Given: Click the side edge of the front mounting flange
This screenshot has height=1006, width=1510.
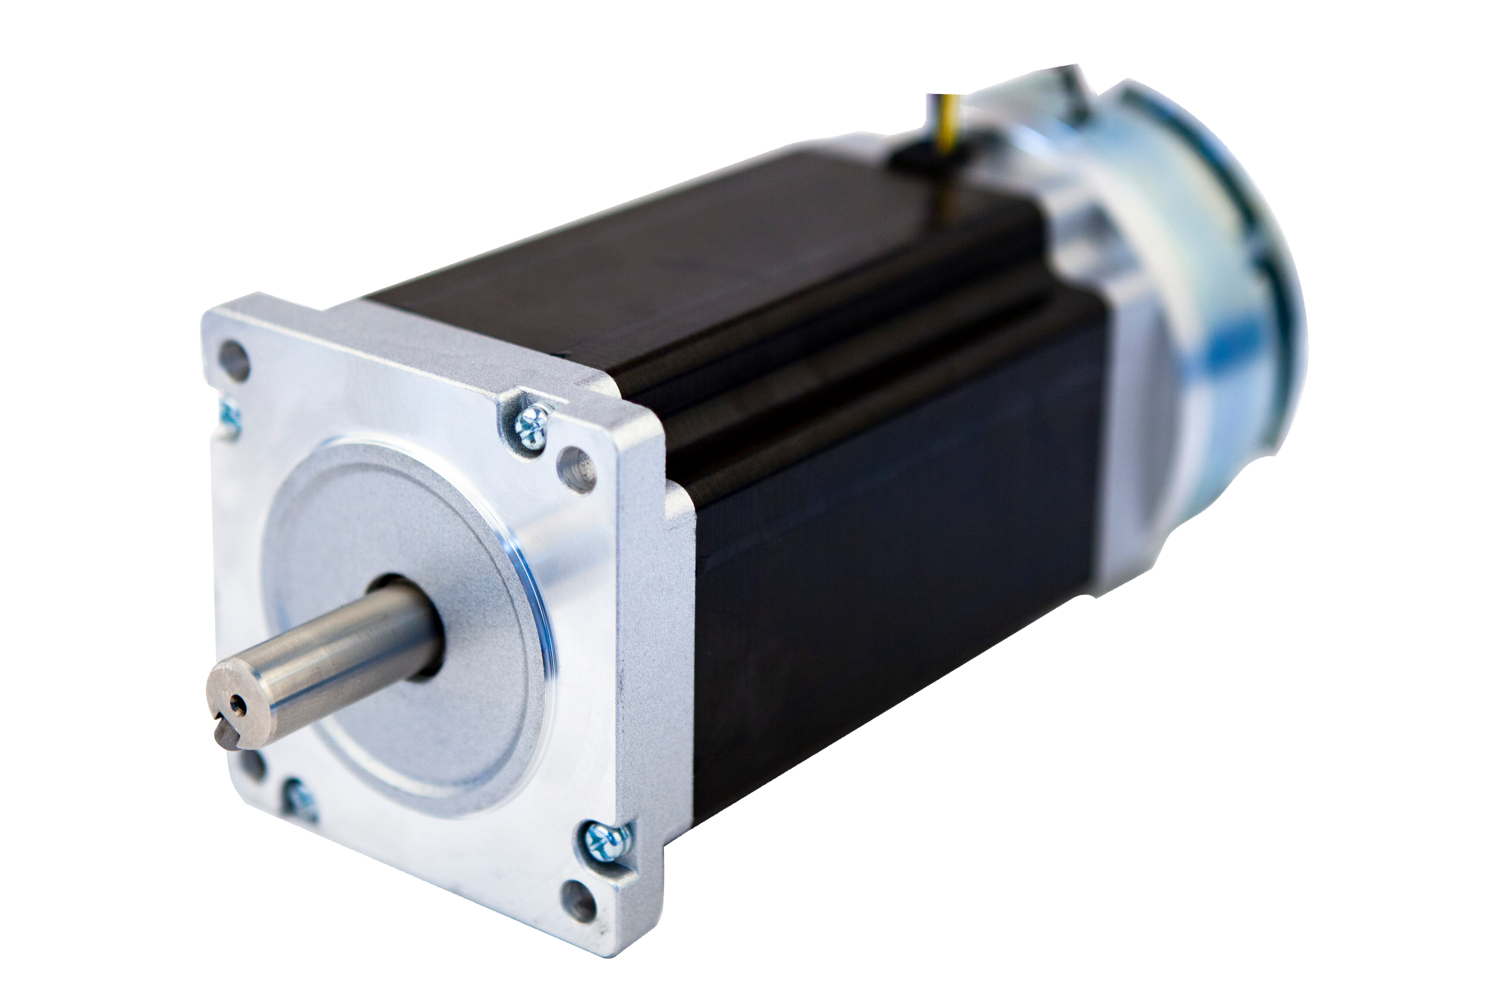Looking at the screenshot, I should [645, 642].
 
